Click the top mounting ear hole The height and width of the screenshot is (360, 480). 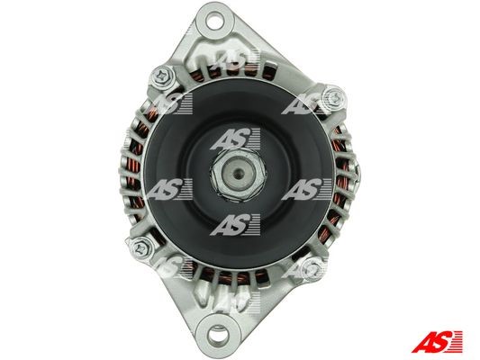215,19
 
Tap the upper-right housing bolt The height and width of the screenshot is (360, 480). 333,98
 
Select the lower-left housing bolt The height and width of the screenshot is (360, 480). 140,247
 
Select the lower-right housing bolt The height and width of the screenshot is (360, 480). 312,268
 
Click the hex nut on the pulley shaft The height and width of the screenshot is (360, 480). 239,175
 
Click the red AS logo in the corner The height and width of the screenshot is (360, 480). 437,341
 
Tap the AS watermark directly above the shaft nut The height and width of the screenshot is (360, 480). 235,139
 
